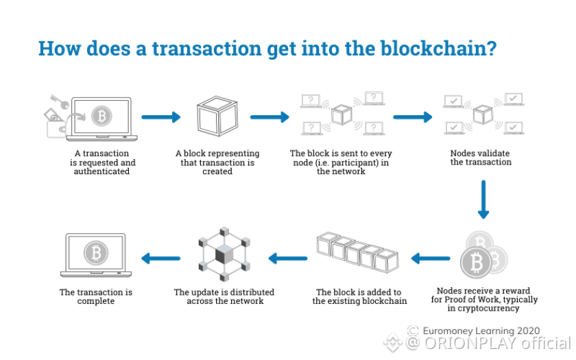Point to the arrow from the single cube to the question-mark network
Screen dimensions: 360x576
[x=269, y=117]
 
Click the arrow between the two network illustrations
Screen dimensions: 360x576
[x=413, y=117]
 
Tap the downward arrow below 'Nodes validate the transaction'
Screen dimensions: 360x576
[x=483, y=199]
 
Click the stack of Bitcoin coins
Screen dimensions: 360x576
[x=483, y=257]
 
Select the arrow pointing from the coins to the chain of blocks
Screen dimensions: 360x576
[x=430, y=259]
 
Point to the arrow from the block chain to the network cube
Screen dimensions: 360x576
[x=287, y=259]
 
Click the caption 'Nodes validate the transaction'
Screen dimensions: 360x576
[x=481, y=157]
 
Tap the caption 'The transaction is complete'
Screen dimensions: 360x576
[x=96, y=296]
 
